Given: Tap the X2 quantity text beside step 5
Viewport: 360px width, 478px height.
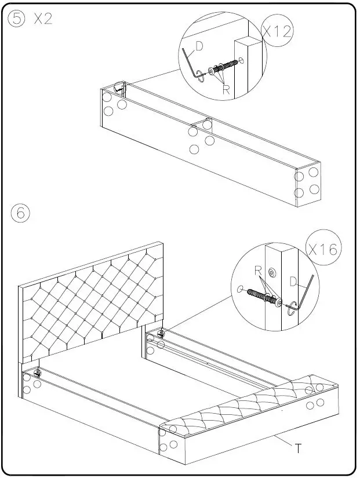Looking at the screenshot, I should [x=43, y=19].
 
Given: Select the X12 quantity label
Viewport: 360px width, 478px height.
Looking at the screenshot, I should [x=277, y=31].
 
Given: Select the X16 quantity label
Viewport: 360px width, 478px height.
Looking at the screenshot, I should [x=323, y=250].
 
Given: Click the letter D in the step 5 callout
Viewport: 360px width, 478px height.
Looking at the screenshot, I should [x=198, y=46].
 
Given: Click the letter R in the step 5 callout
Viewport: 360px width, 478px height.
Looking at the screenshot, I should [x=226, y=90].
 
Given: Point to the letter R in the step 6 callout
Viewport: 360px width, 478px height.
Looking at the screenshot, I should [x=258, y=270].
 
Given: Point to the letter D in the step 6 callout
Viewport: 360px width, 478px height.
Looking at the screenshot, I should [x=294, y=283].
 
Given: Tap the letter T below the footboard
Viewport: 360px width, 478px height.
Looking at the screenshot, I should [x=298, y=448].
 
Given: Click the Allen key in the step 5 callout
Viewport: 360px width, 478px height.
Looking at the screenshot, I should [x=191, y=64].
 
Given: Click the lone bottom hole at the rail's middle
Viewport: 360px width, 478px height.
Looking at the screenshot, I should [x=194, y=149].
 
